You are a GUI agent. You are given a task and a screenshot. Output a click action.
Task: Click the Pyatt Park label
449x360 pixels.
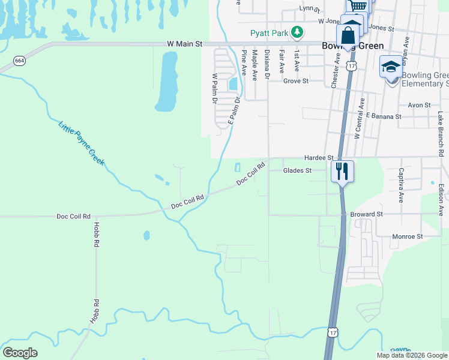(x=270, y=33)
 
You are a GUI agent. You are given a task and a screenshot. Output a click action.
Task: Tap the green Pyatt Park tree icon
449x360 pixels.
(x=296, y=32)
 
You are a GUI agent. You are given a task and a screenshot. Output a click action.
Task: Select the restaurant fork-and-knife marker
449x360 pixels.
(x=342, y=172)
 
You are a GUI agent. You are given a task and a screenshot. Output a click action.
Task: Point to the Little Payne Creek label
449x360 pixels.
(x=82, y=143)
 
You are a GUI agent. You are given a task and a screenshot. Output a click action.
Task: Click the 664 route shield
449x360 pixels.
(x=19, y=61)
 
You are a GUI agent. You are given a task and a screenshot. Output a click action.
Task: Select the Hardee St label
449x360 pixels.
(x=318, y=157)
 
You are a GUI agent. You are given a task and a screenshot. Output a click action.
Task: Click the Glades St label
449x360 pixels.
(x=298, y=170)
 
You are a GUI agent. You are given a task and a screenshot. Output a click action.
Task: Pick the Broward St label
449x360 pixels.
(x=371, y=214)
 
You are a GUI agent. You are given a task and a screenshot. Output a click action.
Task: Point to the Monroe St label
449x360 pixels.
(x=408, y=236)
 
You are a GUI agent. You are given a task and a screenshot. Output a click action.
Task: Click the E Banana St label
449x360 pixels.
(x=382, y=116)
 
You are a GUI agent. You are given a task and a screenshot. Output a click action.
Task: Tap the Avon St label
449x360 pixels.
(x=419, y=104)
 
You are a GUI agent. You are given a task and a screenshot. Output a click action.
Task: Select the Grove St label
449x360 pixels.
(x=295, y=80)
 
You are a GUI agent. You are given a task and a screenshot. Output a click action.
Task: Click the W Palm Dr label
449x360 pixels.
(x=214, y=89)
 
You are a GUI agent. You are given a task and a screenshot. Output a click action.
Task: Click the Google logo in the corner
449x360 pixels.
(x=20, y=353)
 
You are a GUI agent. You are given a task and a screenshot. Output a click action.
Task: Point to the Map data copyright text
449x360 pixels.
(x=412, y=355)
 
